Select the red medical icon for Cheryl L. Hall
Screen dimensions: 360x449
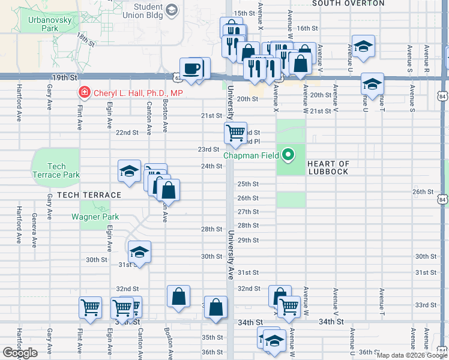click(x=85, y=93)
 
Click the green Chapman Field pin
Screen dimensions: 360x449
click(x=288, y=155)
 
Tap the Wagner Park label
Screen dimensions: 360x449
click(x=95, y=217)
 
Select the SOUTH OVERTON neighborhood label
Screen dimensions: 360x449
click(x=348, y=3)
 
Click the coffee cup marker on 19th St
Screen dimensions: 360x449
click(x=191, y=68)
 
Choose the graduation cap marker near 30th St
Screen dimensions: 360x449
click(x=139, y=251)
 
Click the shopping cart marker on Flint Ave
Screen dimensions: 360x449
click(x=90, y=307)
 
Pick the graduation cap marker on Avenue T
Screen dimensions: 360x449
click(x=372, y=84)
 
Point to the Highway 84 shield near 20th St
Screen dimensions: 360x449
click(x=442, y=96)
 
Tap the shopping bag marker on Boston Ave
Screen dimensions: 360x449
click(x=178, y=296)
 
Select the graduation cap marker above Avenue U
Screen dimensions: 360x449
click(x=363, y=47)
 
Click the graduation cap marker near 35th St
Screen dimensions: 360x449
click(x=274, y=340)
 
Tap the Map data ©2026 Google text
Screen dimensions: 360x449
click(x=412, y=355)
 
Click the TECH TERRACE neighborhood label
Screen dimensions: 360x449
click(x=89, y=195)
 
